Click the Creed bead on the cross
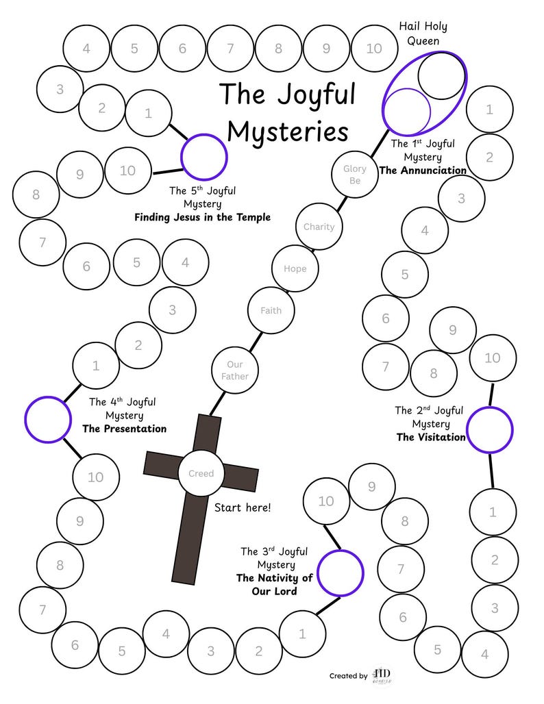tap(201, 473)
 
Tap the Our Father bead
tap(234, 370)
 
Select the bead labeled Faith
tap(271, 310)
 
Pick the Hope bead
tap(295, 268)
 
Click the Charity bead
tap(319, 227)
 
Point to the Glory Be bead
tap(355, 175)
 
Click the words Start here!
tap(243, 507)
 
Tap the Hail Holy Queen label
tap(423, 34)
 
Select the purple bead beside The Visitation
tap(490, 429)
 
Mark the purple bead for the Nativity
tap(341, 573)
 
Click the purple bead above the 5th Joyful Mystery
tap(204, 157)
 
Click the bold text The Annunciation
tap(423, 171)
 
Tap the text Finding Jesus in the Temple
tap(202, 217)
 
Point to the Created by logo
tap(381, 675)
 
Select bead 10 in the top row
tap(374, 49)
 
